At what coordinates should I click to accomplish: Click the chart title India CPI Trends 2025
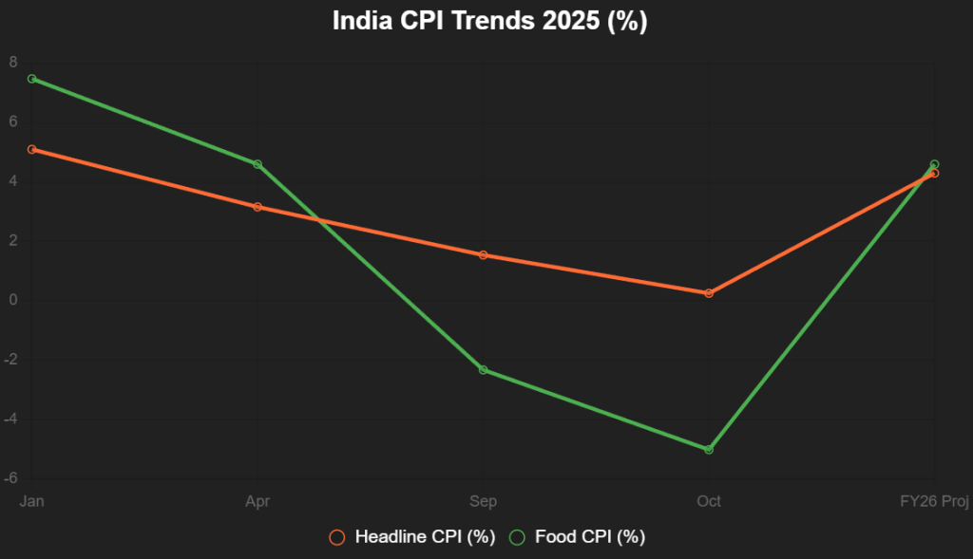coord(489,22)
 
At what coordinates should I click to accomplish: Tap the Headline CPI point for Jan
coord(31,149)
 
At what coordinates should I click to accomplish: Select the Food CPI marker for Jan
coord(31,79)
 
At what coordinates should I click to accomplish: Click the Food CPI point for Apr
coord(257,164)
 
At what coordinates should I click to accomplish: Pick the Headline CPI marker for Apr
coord(257,207)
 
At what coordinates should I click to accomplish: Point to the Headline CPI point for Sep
coord(483,255)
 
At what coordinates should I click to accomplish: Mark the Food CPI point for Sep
coord(483,369)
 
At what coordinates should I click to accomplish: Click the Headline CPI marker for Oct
coord(709,293)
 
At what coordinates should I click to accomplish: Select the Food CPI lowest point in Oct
coord(709,449)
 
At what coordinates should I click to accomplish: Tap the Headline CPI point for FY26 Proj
coord(934,173)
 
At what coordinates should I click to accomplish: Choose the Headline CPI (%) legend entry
coord(412,537)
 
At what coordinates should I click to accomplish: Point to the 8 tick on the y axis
coord(13,63)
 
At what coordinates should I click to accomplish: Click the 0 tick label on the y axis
coord(13,301)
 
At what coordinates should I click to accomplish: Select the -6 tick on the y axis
coord(10,479)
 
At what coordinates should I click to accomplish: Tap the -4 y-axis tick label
coord(10,419)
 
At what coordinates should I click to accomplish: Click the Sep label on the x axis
coord(483,501)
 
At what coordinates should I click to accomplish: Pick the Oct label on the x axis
coord(709,501)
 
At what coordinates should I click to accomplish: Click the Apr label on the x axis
coord(257,501)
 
